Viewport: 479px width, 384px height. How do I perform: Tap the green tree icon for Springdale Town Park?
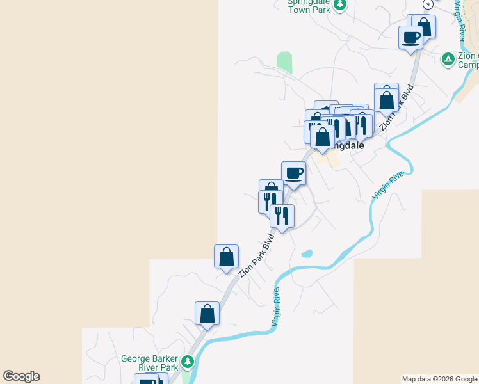[x=341, y=5]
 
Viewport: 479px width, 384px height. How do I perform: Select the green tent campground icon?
[x=448, y=60]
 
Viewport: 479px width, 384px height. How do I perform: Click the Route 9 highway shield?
[x=427, y=3]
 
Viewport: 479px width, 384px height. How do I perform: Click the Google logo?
[x=21, y=376]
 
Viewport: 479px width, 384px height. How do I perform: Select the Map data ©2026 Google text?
[x=439, y=379]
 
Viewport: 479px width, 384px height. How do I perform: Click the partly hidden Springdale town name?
[x=347, y=145]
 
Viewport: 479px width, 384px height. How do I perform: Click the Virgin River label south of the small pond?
[x=277, y=306]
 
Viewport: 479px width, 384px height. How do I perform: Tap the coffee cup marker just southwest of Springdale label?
[x=293, y=172]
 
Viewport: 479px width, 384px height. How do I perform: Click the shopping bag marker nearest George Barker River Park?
[x=207, y=313]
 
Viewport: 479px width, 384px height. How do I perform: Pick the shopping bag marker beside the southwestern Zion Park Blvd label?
[x=227, y=256]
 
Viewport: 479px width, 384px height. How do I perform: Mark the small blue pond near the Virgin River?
[x=307, y=253]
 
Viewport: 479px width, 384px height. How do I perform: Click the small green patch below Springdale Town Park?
[x=284, y=63]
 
